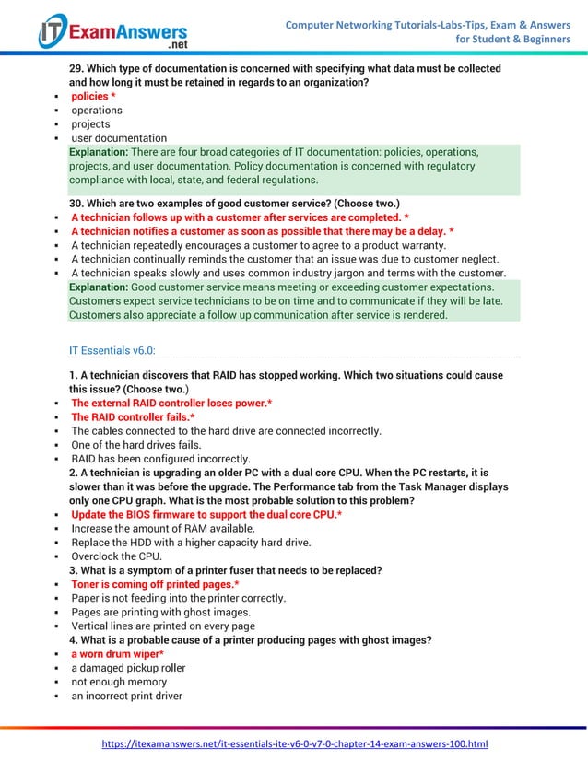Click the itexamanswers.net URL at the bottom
(x=294, y=743)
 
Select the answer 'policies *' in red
(x=93, y=97)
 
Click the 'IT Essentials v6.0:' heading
(x=112, y=350)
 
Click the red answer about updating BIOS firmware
(x=207, y=514)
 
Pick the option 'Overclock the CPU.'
(x=117, y=556)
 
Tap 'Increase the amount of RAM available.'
(x=163, y=529)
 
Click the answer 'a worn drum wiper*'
(x=118, y=654)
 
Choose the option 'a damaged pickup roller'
(x=128, y=668)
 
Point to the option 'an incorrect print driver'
(x=127, y=696)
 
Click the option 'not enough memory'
(x=119, y=682)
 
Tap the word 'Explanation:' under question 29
(x=99, y=152)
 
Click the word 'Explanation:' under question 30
(x=99, y=287)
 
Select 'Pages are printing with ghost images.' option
(x=160, y=612)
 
